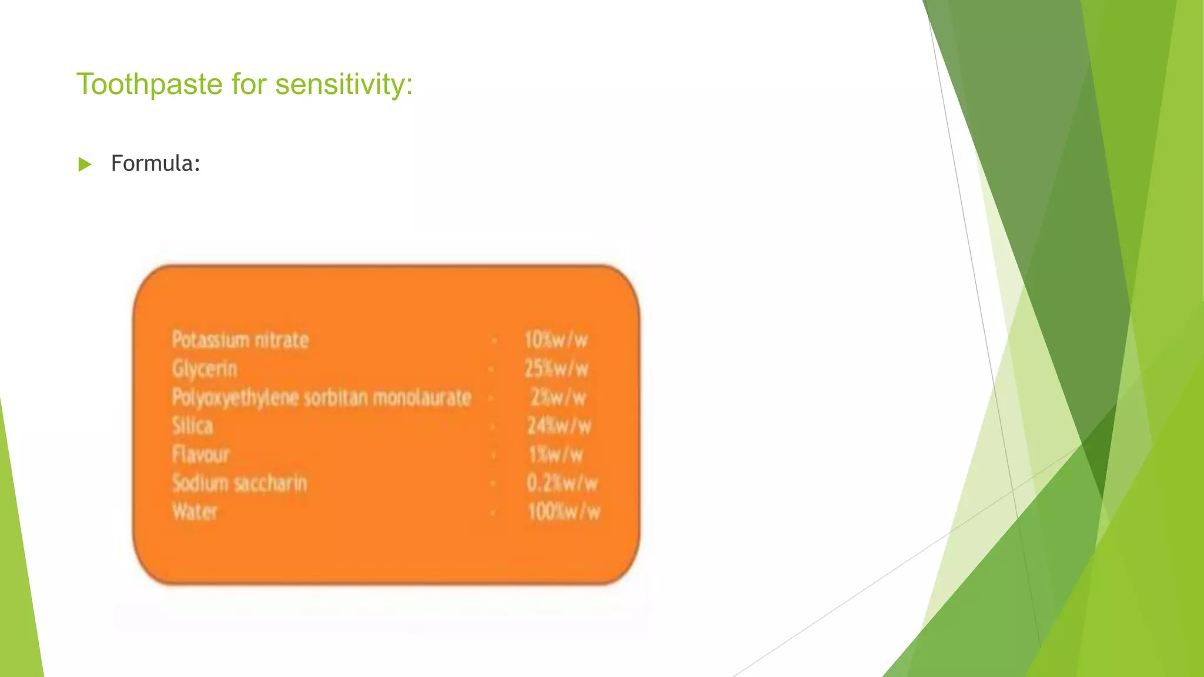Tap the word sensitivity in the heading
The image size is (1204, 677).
pyautogui.click(x=344, y=84)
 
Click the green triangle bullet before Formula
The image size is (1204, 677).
pyautogui.click(x=85, y=164)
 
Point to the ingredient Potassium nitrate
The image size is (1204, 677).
pyautogui.click(x=240, y=340)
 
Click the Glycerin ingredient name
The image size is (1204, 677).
pyautogui.click(x=205, y=369)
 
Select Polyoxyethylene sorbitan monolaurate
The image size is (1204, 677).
pyautogui.click(x=322, y=398)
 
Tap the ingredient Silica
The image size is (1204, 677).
pyautogui.click(x=192, y=425)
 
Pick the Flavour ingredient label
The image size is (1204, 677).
pyautogui.click(x=200, y=454)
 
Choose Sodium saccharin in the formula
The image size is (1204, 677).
pyautogui.click(x=239, y=483)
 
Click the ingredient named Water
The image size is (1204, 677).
pyautogui.click(x=195, y=512)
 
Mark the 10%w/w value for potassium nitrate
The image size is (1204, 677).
pyautogui.click(x=556, y=340)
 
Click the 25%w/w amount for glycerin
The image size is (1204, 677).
pyautogui.click(x=556, y=369)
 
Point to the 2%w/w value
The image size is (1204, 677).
pyautogui.click(x=558, y=398)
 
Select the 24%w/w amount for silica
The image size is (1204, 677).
pyautogui.click(x=558, y=425)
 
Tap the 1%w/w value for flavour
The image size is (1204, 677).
pyautogui.click(x=556, y=454)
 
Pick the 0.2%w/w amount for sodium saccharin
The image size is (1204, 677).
pyautogui.click(x=561, y=483)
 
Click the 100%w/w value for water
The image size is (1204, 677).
pyautogui.click(x=564, y=512)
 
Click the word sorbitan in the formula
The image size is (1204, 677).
pyautogui.click(x=337, y=398)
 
